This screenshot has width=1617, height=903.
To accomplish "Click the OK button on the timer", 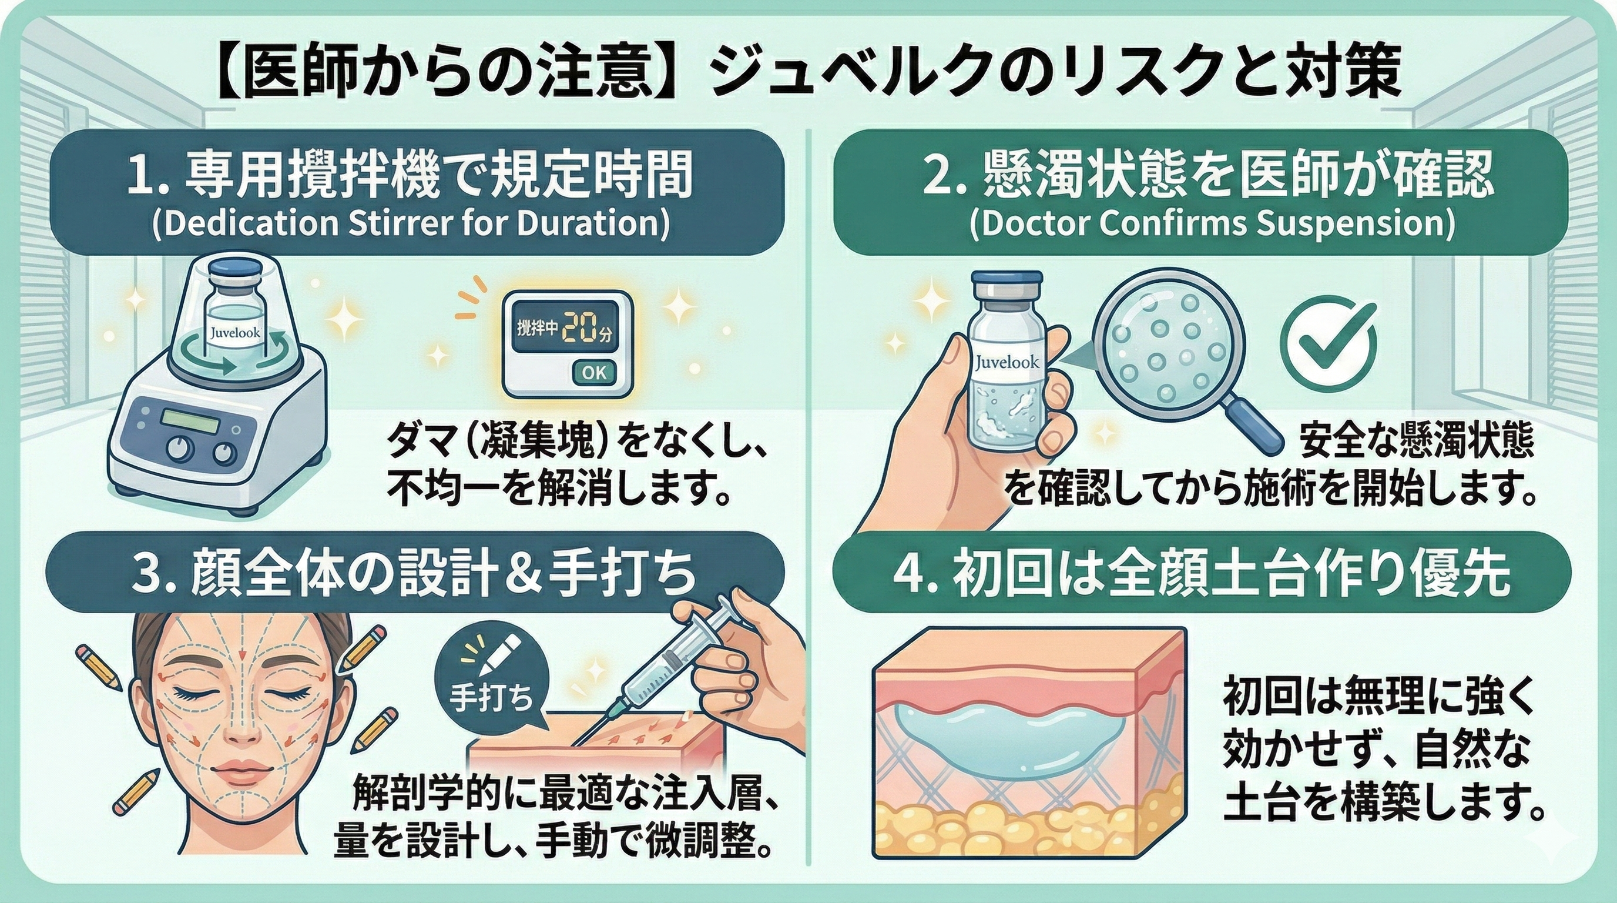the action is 593,372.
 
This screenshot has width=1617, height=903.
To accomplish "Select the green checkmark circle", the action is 1328,346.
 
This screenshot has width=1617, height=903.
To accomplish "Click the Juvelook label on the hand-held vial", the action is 1007,362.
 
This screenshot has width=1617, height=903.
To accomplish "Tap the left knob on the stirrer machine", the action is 180,450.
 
